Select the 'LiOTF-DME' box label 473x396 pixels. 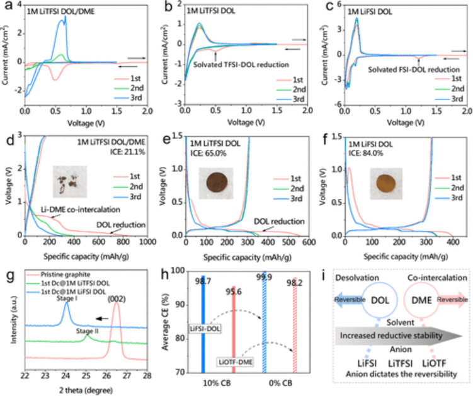(x=237, y=361)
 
